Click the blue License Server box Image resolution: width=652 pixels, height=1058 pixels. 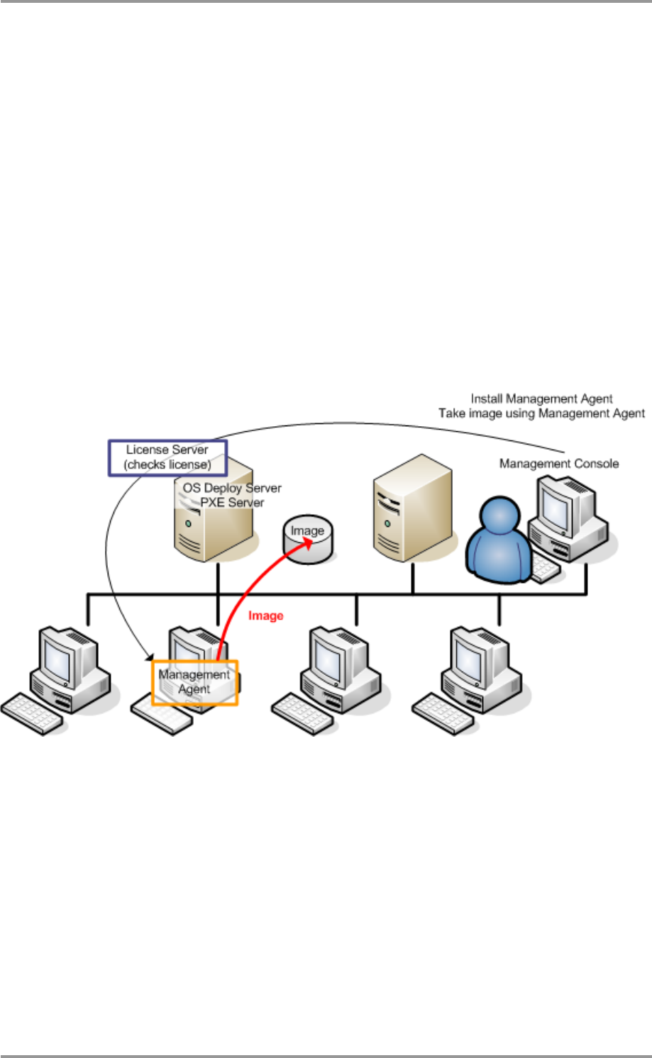[x=167, y=457]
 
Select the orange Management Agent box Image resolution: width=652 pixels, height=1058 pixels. [x=195, y=682]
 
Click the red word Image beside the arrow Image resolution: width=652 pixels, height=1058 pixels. [x=266, y=616]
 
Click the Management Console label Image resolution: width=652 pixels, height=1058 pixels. [x=559, y=464]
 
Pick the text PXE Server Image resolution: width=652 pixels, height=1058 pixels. [x=232, y=502]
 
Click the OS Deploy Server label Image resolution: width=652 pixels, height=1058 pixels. [x=232, y=488]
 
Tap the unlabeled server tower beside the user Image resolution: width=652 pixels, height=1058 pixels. [x=412, y=512]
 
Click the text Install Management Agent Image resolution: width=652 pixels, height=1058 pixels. [x=541, y=399]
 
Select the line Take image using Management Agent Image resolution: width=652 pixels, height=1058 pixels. [x=541, y=413]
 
